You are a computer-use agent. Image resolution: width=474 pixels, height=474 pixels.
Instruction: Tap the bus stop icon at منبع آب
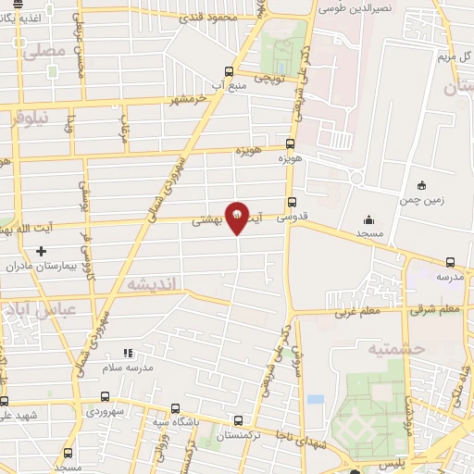click(230, 70)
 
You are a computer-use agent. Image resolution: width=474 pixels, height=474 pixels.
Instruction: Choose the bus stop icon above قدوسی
click(293, 203)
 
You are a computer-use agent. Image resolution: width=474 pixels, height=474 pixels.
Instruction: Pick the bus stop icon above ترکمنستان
click(240, 419)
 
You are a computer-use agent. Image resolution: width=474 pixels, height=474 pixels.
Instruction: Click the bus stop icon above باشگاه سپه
click(175, 408)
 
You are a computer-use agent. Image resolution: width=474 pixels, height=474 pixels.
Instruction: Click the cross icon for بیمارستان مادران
click(40, 251)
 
